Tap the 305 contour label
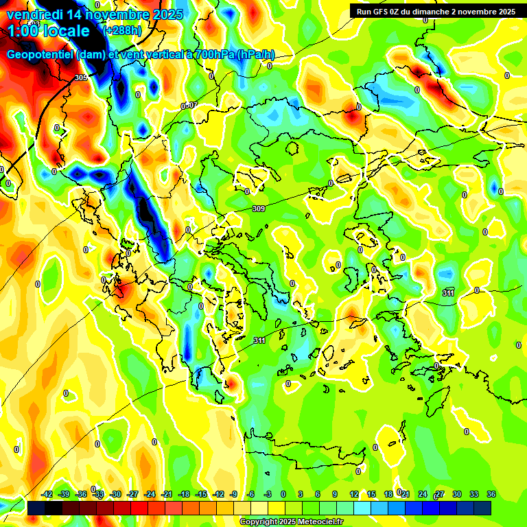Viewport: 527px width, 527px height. coord(81,78)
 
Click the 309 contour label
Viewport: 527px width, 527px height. coord(259,209)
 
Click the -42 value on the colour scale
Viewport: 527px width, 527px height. coord(47,495)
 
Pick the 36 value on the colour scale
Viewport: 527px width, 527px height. coord(491,495)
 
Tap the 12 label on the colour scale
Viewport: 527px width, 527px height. coord(353,495)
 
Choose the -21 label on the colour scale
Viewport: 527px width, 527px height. coord(167,495)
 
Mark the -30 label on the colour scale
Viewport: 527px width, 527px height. coord(115,495)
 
